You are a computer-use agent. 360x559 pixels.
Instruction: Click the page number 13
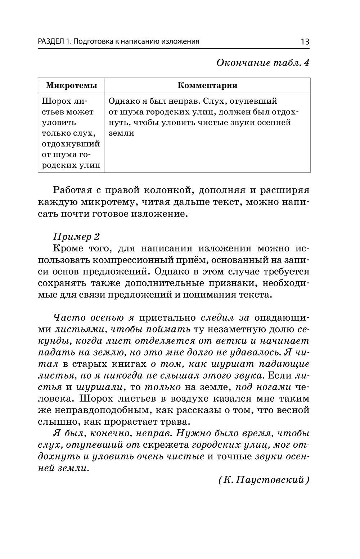pyautogui.click(x=305, y=41)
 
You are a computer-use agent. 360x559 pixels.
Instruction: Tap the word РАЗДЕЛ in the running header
pyautogui.click(x=51, y=41)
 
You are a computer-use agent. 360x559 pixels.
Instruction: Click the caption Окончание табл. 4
pyautogui.click(x=263, y=63)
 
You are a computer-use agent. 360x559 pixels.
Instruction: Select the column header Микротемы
pyautogui.click(x=71, y=85)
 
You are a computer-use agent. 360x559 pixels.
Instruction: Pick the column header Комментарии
pyautogui.click(x=207, y=85)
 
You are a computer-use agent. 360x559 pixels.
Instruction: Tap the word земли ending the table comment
pyautogui.click(x=121, y=133)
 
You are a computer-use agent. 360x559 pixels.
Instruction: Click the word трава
pyautogui.click(x=172, y=422)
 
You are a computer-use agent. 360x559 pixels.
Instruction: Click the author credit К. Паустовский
pyautogui.click(x=264, y=480)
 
